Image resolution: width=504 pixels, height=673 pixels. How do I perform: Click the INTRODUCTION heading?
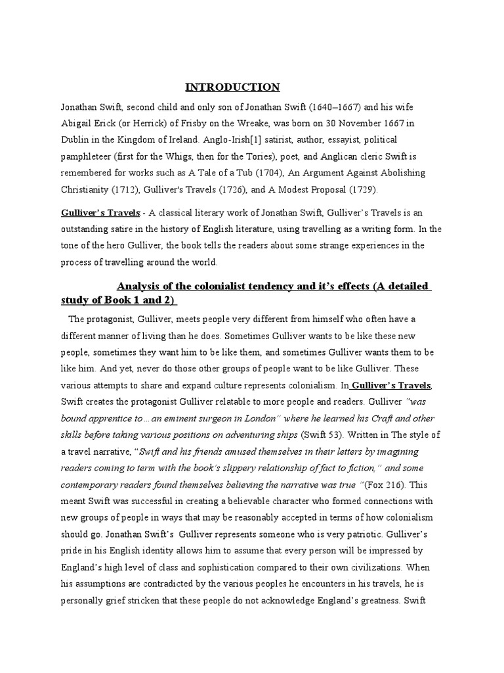tap(232, 87)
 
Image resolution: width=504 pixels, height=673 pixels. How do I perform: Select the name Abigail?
tap(78, 123)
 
